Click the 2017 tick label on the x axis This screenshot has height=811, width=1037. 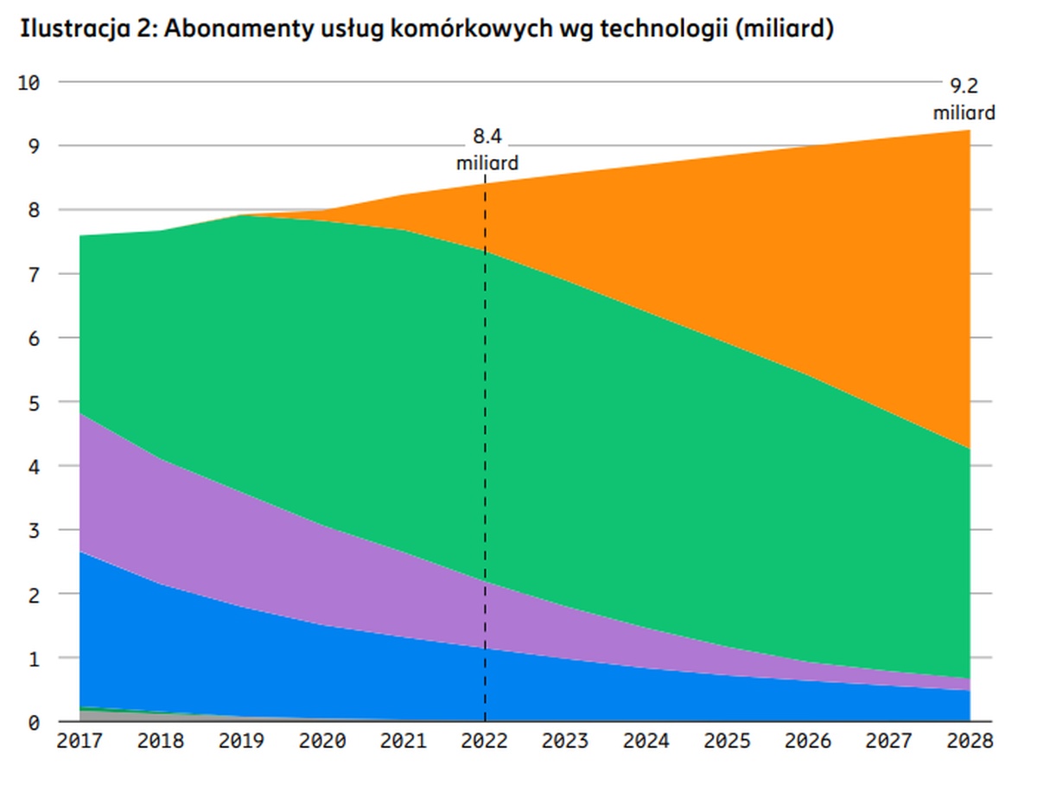pos(80,741)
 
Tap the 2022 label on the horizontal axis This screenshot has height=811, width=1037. pos(485,741)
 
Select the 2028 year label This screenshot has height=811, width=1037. pos(969,741)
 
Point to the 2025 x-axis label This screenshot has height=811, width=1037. pos(727,741)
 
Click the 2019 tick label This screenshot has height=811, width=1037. pos(241,741)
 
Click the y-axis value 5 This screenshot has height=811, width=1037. pos(33,402)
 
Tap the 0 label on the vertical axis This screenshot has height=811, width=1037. pos(33,722)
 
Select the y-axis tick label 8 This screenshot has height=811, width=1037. pos(33,210)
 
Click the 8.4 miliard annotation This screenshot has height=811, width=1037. pos(487,149)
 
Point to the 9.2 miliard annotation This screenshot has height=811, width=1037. pos(964,99)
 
